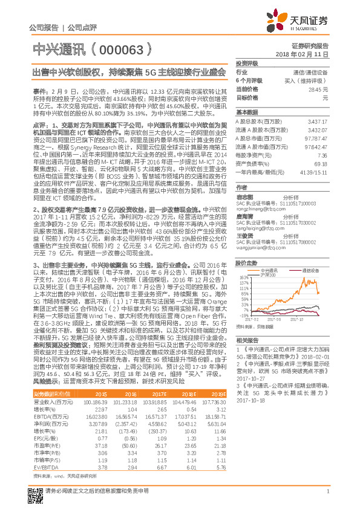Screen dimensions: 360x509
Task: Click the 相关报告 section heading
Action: (247, 341)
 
